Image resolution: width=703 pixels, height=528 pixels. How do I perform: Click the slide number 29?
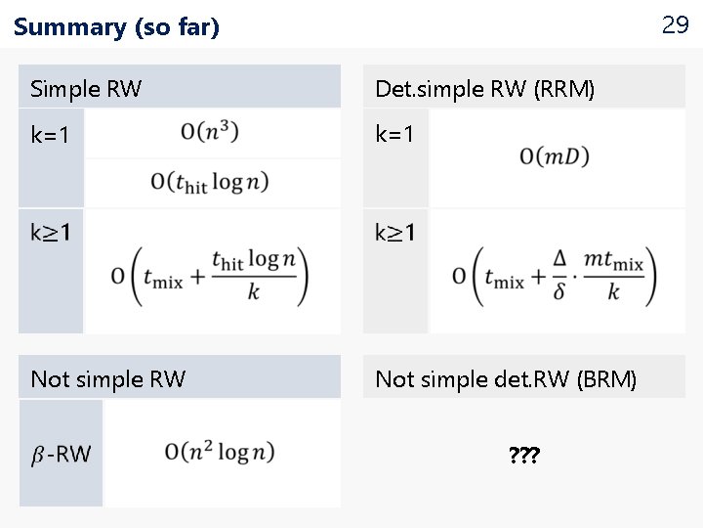click(x=675, y=24)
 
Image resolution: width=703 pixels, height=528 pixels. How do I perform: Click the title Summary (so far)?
click(x=117, y=27)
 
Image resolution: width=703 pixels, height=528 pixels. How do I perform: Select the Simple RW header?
click(x=86, y=89)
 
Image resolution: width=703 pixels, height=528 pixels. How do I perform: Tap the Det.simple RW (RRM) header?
click(x=485, y=89)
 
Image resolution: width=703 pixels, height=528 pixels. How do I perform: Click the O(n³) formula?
click(x=210, y=132)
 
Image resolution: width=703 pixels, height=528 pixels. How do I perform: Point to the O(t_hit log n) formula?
click(x=210, y=181)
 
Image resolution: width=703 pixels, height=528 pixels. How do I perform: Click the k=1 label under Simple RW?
click(x=51, y=135)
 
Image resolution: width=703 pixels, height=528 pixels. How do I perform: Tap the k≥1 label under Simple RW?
click(x=51, y=233)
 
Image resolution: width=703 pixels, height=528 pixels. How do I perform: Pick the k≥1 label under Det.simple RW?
click(x=395, y=233)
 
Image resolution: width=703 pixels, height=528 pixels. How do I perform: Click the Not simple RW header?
click(x=108, y=378)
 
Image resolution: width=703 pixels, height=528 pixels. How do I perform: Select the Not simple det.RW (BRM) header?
click(x=506, y=378)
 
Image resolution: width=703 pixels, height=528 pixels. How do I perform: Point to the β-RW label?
click(x=61, y=454)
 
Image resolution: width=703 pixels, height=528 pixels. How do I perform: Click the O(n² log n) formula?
click(x=220, y=452)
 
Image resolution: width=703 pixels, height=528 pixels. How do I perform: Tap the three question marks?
click(x=524, y=455)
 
